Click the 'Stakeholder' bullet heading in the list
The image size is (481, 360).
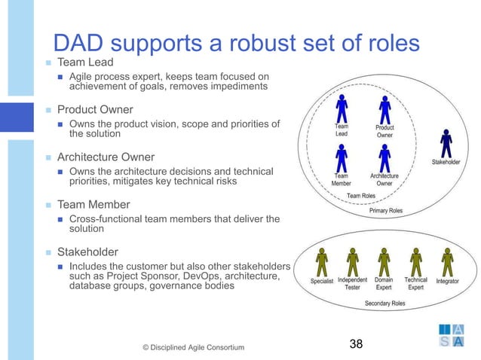(x=87, y=252)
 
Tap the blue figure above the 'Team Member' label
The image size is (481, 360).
(x=342, y=157)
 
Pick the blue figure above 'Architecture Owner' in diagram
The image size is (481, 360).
(x=384, y=157)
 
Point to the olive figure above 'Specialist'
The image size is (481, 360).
(x=321, y=261)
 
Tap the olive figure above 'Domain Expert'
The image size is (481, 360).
(x=383, y=261)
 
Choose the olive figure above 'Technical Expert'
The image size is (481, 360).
(x=415, y=261)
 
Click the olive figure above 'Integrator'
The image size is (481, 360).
(x=448, y=261)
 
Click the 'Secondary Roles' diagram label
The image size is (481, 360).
(x=385, y=304)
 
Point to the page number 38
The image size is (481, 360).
(x=355, y=344)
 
